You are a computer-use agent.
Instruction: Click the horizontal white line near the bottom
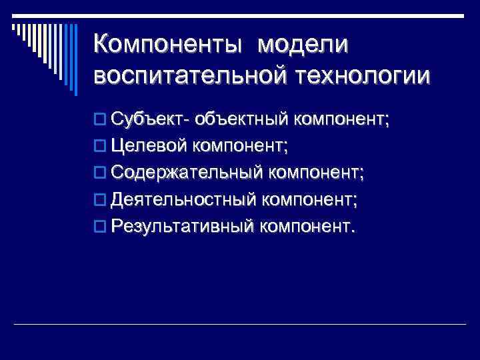click(x=240, y=324)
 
